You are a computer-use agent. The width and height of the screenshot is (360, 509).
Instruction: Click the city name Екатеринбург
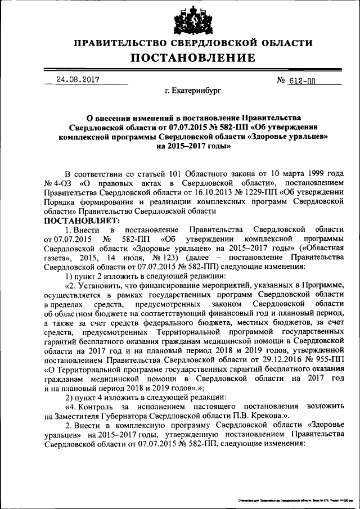[x=186, y=89]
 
